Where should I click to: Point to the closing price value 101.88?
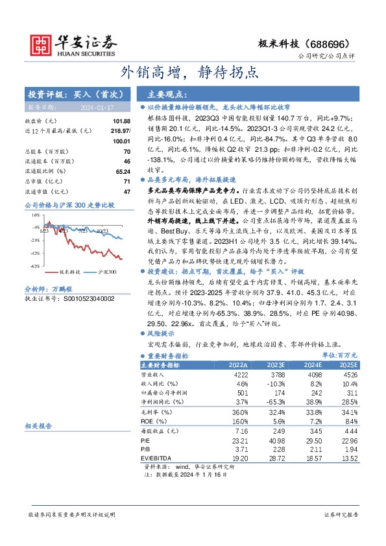(121, 121)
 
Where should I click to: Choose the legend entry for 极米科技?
(69, 274)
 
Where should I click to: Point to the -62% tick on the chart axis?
(36, 266)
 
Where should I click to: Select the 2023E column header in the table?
(276, 365)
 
